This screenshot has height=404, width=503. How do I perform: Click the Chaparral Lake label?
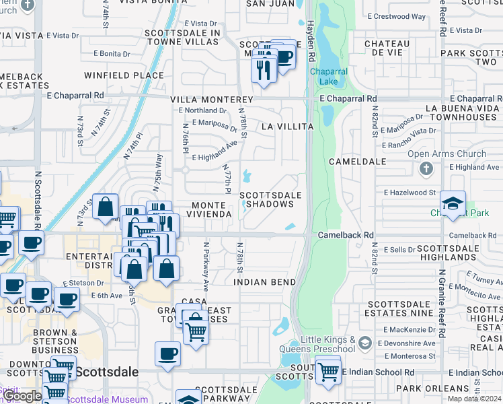(x=327, y=77)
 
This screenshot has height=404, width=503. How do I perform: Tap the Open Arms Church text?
(x=447, y=154)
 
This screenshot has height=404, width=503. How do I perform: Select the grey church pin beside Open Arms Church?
(x=426, y=168)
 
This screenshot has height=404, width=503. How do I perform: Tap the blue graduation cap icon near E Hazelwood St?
(x=453, y=203)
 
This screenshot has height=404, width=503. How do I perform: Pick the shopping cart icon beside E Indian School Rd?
(x=327, y=371)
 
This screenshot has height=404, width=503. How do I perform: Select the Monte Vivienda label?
(x=212, y=209)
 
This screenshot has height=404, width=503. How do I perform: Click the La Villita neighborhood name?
(x=287, y=127)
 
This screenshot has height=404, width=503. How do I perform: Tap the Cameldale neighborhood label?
(x=357, y=162)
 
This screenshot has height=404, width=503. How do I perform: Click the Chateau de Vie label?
(x=387, y=48)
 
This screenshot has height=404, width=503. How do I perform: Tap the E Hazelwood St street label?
(x=410, y=193)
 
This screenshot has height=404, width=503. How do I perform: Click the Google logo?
(x=22, y=396)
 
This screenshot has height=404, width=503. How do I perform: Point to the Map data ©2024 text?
(x=475, y=399)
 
